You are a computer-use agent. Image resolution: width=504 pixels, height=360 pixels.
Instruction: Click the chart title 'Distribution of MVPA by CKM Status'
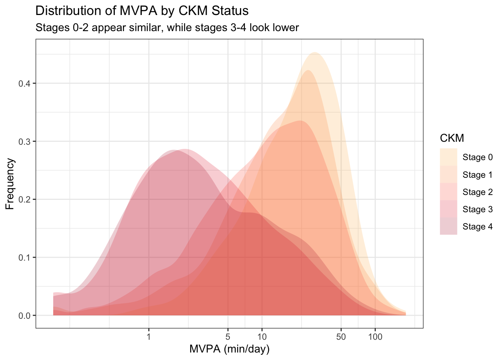(142, 11)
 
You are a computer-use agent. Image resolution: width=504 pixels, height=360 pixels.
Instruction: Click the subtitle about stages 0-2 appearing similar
(167, 28)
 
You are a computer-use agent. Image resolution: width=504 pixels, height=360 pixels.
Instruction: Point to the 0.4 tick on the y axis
(25, 83)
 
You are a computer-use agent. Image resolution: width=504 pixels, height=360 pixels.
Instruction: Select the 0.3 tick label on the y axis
(25, 141)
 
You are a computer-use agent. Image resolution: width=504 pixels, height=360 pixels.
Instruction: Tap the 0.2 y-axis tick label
(25, 199)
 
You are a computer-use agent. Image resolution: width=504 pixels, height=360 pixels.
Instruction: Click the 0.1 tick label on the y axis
(25, 258)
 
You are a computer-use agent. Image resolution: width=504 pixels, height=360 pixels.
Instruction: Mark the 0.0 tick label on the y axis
(25, 316)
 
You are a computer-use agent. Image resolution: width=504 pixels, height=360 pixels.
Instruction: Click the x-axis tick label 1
(149, 337)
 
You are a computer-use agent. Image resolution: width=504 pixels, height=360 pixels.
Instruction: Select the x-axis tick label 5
(228, 337)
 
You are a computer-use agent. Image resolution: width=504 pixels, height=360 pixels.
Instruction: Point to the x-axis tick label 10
(262, 337)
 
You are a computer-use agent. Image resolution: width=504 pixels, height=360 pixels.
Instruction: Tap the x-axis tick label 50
(341, 337)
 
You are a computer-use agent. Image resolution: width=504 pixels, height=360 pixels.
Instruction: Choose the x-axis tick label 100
(375, 337)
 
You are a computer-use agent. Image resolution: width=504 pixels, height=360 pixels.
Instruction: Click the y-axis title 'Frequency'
(10, 184)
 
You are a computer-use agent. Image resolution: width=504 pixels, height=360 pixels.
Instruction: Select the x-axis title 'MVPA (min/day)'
(229, 349)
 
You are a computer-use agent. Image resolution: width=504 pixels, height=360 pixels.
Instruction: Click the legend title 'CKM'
(452, 138)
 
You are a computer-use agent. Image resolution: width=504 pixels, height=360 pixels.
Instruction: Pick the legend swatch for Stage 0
(448, 157)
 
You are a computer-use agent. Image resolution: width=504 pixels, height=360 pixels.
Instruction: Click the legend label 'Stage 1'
(477, 175)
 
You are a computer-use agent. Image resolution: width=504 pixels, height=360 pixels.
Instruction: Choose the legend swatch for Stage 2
(448, 192)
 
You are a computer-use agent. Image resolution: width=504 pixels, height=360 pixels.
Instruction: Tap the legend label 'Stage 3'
(477, 209)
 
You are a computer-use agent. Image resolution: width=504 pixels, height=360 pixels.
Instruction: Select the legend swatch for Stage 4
(448, 226)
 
